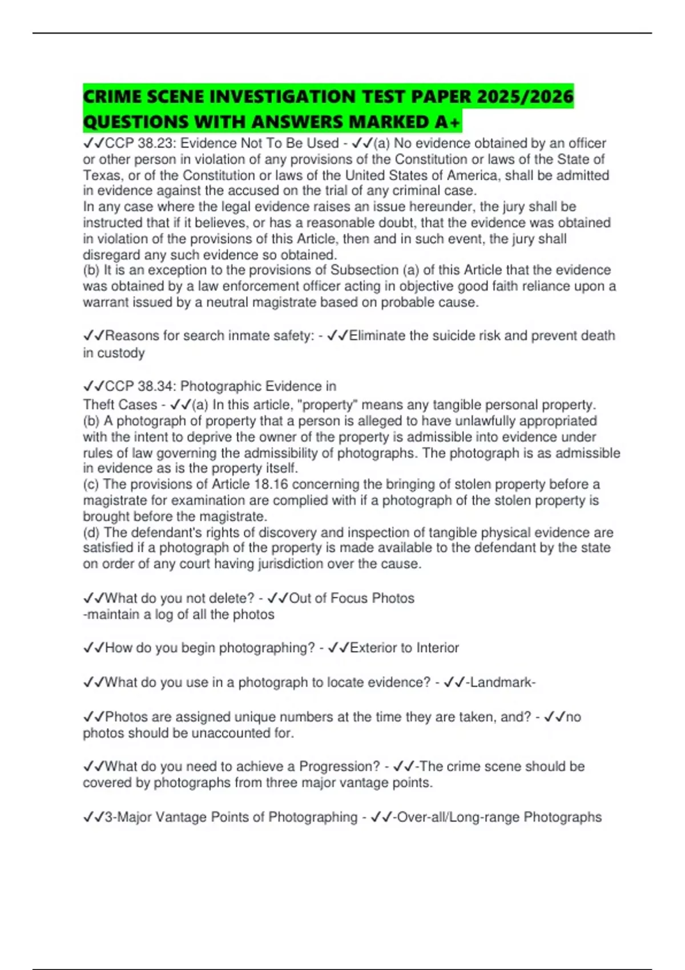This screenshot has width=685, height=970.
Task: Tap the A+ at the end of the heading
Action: coord(448,122)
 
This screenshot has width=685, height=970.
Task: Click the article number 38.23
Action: coord(156,143)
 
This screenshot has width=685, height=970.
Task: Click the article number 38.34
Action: coord(156,386)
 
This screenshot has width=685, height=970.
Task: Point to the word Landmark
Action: coord(501,682)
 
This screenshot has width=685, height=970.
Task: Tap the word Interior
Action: coord(437,648)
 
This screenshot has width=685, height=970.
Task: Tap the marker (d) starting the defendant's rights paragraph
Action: coord(91,532)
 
